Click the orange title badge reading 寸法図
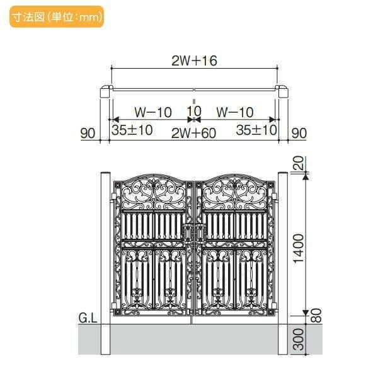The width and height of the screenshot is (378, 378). tap(57, 16)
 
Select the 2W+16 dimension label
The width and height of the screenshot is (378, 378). tap(194, 60)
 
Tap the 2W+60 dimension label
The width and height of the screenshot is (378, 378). tap(193, 133)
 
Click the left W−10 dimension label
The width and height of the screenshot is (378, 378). tap(153, 112)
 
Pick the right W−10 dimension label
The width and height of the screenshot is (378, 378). tap(235, 112)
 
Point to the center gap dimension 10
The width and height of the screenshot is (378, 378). tap(194, 112)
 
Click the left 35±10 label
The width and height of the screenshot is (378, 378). tap(132, 130)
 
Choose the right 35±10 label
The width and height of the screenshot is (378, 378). tap(256, 130)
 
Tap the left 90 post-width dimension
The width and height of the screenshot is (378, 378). tap(88, 133)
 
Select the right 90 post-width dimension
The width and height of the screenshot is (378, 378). tap(299, 133)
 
